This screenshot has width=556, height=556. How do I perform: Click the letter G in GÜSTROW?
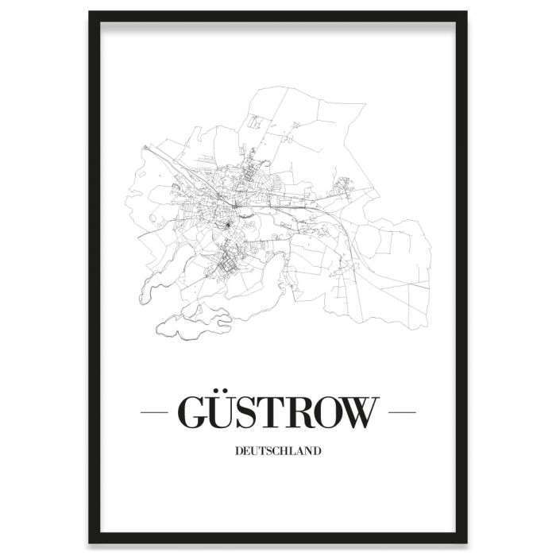point(195,412)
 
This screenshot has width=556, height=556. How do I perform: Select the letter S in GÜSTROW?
point(257,412)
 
